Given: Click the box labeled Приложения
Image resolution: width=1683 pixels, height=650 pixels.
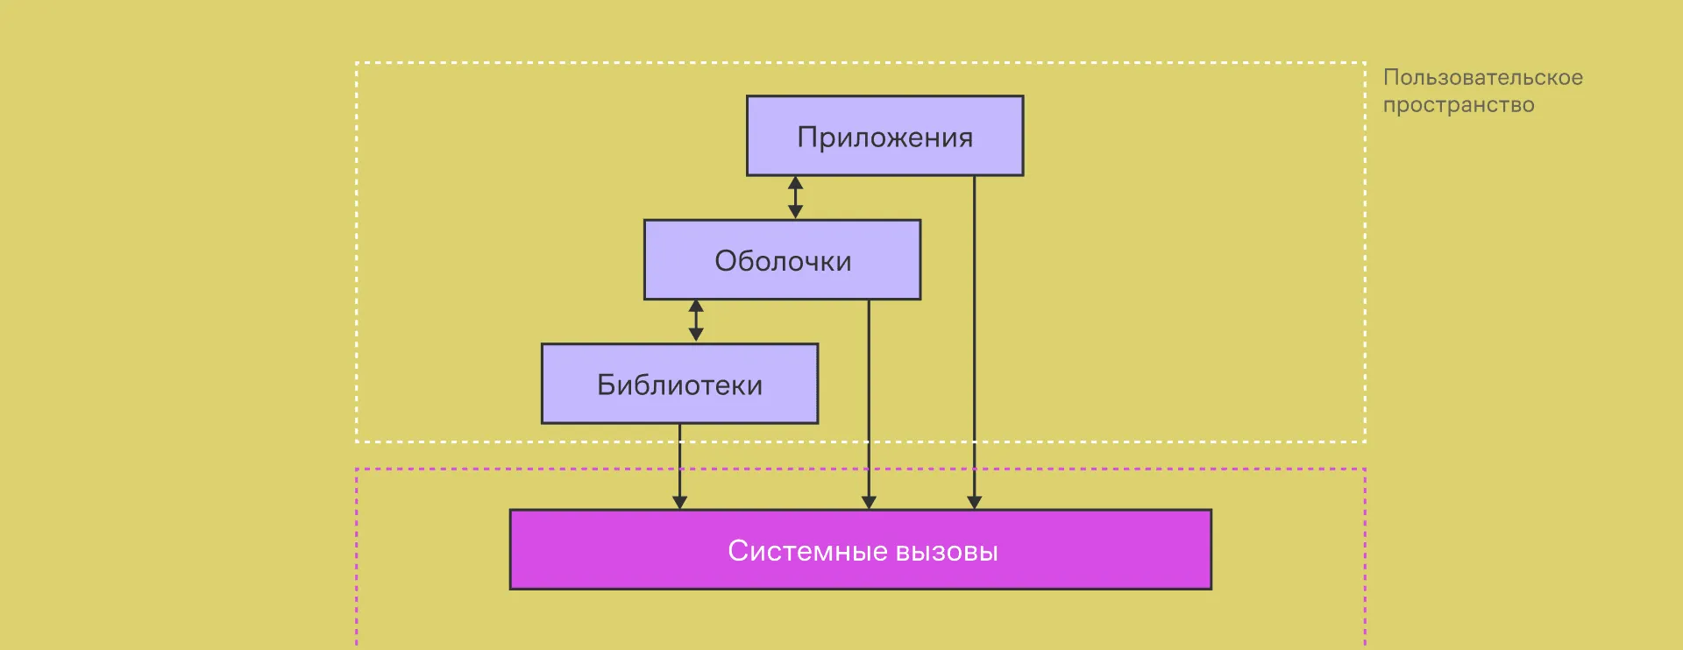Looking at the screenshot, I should click(884, 136).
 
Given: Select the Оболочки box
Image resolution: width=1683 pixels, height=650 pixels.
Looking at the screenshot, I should click(782, 260).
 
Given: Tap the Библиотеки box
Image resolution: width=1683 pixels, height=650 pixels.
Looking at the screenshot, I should click(679, 384).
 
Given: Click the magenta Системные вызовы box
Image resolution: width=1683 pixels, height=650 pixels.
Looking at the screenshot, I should click(860, 549).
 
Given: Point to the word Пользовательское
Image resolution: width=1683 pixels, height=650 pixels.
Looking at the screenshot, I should click(1482, 77).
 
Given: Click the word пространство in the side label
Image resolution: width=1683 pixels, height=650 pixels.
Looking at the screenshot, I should click(1459, 105).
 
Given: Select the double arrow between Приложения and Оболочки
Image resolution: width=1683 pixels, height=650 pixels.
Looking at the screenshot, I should click(795, 197).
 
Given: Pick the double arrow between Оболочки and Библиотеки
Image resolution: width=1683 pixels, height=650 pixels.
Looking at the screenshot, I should click(696, 321).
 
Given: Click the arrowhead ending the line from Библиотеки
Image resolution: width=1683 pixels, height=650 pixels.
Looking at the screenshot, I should click(679, 502).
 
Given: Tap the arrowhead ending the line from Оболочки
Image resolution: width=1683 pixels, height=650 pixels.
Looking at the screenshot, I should click(869, 502).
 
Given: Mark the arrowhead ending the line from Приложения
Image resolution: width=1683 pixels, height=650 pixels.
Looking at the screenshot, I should click(974, 502).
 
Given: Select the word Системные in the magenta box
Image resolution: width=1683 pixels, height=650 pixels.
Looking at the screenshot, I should click(807, 551).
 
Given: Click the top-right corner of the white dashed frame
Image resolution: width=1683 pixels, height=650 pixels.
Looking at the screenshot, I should click(1365, 63).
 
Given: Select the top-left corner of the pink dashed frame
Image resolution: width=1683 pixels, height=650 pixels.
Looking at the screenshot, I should click(357, 470).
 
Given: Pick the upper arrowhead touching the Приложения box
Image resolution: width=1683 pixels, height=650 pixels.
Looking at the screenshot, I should click(795, 182).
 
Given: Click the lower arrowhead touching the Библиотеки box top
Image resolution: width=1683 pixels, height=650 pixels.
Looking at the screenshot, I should click(696, 335).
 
